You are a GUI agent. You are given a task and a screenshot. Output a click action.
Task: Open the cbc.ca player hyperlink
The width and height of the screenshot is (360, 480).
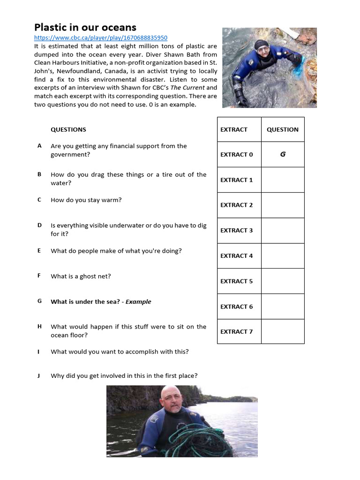pos(101,38)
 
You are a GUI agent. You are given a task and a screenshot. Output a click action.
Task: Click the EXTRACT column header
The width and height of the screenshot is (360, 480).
pos(234,129)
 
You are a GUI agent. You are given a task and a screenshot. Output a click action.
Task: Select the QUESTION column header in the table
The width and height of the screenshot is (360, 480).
pos(282,129)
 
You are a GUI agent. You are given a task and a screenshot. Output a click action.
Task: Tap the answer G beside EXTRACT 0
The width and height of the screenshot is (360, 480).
pos(283,154)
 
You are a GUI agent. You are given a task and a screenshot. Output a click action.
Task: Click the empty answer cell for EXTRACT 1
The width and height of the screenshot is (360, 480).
pos(283,180)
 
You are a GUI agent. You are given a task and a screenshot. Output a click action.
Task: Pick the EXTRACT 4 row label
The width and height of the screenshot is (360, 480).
pos(237,255)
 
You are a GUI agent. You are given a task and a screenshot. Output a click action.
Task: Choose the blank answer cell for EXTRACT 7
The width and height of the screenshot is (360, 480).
pos(283,331)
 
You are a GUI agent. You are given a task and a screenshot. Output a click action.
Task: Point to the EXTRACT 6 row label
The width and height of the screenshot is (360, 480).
pos(237,307)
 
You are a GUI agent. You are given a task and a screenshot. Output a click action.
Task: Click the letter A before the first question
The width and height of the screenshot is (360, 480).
pos(40,146)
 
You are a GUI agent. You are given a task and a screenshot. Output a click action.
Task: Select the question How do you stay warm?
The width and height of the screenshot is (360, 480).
pos(86,200)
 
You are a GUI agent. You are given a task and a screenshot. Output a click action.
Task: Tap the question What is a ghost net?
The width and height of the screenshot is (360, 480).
pos(81,276)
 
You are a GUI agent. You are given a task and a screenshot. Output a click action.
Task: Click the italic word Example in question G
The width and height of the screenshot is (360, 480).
pos(138,301)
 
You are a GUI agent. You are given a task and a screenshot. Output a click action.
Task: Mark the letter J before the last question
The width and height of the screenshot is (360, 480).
pos(39,375)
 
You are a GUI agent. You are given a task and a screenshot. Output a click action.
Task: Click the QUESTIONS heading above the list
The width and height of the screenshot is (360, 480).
pos(68,129)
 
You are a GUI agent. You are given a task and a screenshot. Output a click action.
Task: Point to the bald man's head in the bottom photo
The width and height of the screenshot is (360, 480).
pos(172,397)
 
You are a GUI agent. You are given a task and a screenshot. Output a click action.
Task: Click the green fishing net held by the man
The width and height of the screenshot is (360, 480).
pos(187,440)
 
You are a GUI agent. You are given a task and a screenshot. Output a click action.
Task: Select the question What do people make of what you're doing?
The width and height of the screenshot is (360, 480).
pos(116,251)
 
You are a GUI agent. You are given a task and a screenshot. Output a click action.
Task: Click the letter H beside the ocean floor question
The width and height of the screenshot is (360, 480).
pos(40,326)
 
